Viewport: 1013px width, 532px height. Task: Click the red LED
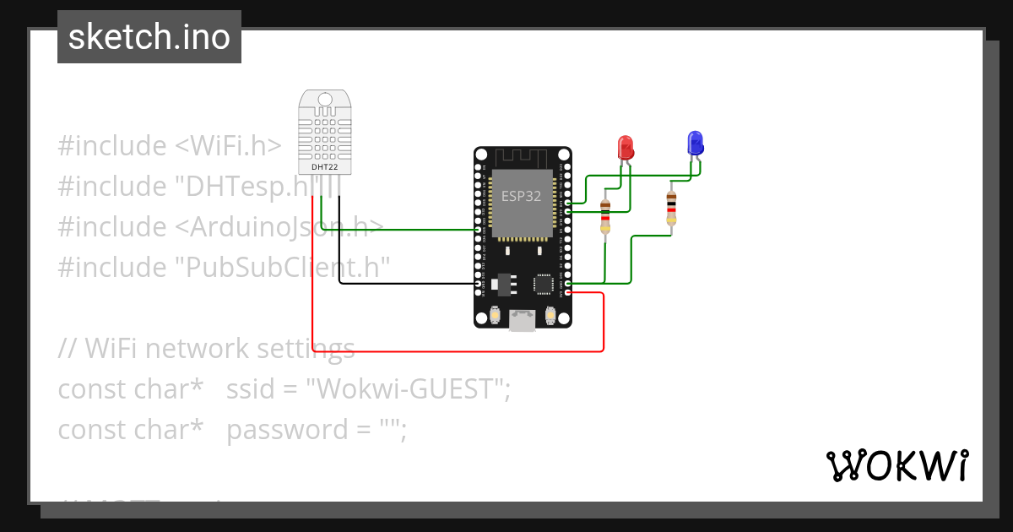[626, 147]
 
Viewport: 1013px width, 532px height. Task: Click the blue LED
[695, 142]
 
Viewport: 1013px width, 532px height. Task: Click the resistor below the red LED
[604, 217]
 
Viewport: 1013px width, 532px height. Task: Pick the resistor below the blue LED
[671, 209]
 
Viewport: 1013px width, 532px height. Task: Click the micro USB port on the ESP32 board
[523, 320]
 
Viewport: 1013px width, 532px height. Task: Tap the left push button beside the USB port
[496, 316]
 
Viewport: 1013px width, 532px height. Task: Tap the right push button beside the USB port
[550, 316]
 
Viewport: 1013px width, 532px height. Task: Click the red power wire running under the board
[456, 350]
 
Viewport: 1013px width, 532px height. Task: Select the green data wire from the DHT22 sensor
[397, 229]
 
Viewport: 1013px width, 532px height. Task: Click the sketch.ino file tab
[149, 37]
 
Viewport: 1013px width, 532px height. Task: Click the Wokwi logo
[897, 465]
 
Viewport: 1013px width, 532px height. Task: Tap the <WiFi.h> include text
[228, 146]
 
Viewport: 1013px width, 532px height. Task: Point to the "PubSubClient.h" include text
[282, 268]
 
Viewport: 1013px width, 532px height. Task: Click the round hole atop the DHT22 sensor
[325, 100]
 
